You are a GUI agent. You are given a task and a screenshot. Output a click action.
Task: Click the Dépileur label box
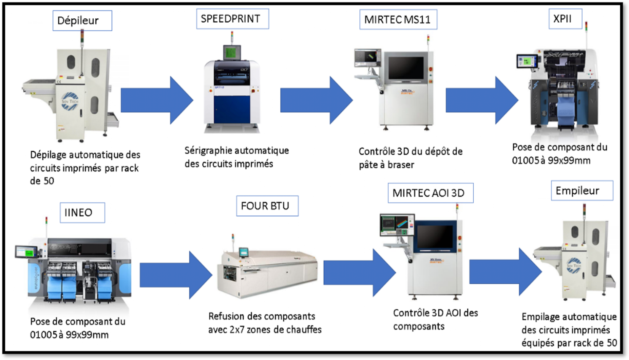tap(82, 21)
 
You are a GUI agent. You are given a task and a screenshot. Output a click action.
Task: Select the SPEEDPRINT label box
tap(232, 19)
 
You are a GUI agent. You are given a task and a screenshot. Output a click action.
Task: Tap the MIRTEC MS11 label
tap(398, 20)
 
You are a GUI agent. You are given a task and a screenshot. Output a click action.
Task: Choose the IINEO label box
tap(82, 213)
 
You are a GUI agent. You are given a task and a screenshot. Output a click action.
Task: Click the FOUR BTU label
tap(267, 206)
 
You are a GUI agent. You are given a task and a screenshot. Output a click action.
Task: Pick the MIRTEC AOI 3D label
tap(430, 193)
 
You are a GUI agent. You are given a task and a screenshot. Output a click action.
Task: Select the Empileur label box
tap(582, 191)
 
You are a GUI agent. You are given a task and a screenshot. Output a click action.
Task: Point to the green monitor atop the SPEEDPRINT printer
tap(232, 52)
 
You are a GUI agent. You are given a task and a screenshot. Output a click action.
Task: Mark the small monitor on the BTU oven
tap(243, 252)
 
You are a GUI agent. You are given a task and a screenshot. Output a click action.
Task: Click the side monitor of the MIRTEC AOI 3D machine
tap(397, 224)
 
